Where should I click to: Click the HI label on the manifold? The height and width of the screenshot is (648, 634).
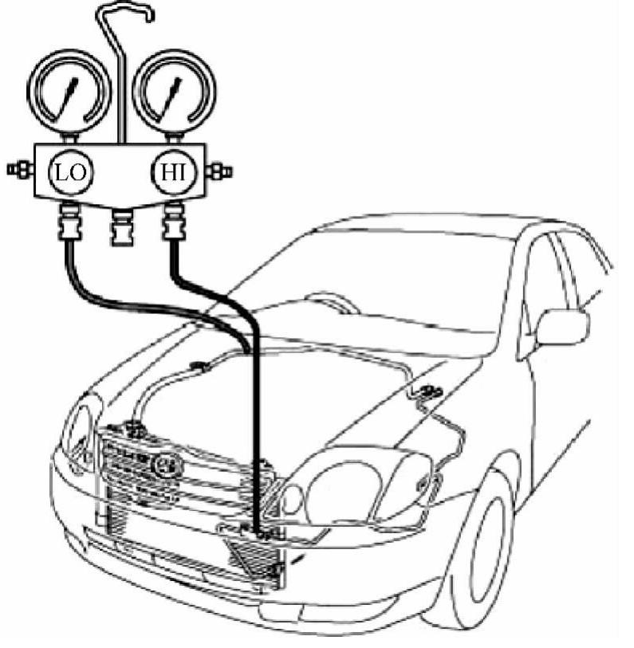[x=169, y=171]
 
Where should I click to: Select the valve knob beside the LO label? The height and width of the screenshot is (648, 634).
[x=18, y=169]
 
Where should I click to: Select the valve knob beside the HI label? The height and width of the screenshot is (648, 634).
[x=219, y=170]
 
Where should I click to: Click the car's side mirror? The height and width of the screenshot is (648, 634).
[x=561, y=326]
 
